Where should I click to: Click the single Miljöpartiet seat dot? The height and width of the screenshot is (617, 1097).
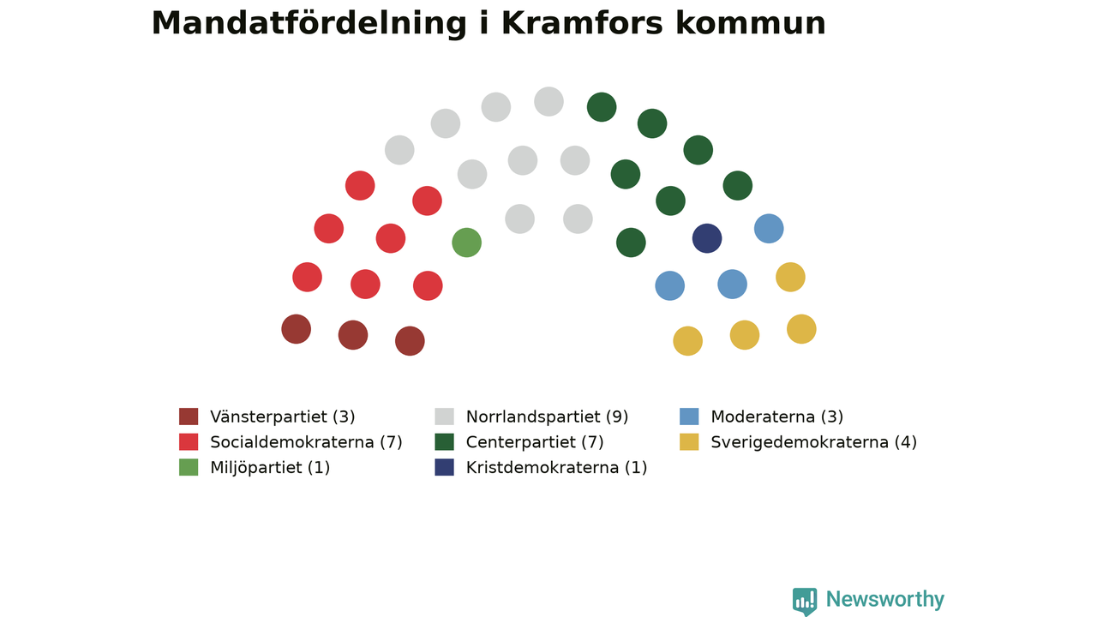pyautogui.click(x=467, y=243)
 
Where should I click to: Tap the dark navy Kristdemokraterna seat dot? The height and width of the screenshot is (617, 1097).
pyautogui.click(x=707, y=238)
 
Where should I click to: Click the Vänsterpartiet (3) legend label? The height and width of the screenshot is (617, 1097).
pyautogui.click(x=283, y=416)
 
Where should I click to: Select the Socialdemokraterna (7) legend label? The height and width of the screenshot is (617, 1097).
pyautogui.click(x=306, y=442)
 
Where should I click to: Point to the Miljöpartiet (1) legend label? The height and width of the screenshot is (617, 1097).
pyautogui.click(x=270, y=468)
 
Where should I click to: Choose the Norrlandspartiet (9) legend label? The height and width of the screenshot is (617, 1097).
pyautogui.click(x=547, y=416)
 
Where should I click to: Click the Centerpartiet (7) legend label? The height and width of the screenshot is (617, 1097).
pyautogui.click(x=535, y=442)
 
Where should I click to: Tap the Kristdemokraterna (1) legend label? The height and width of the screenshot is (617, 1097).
pyautogui.click(x=556, y=468)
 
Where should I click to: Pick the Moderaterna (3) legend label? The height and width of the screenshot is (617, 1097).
pyautogui.click(x=776, y=416)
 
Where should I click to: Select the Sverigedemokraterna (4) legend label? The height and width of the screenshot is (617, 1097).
pyautogui.click(x=813, y=442)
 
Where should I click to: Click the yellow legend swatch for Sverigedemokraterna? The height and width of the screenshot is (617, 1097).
pyautogui.click(x=689, y=441)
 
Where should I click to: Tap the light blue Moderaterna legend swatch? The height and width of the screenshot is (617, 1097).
pyautogui.click(x=689, y=416)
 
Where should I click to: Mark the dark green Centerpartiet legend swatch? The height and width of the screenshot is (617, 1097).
pyautogui.click(x=444, y=441)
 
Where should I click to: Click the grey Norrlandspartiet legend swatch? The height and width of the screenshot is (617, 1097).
pyautogui.click(x=444, y=416)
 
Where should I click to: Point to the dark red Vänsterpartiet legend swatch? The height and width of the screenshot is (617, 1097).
pyautogui.click(x=189, y=416)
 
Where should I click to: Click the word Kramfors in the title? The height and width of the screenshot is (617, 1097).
pyautogui.click(x=582, y=23)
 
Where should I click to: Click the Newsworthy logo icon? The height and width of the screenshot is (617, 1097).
pyautogui.click(x=805, y=602)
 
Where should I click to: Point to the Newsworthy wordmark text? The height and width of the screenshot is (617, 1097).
pyautogui.click(x=885, y=599)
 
